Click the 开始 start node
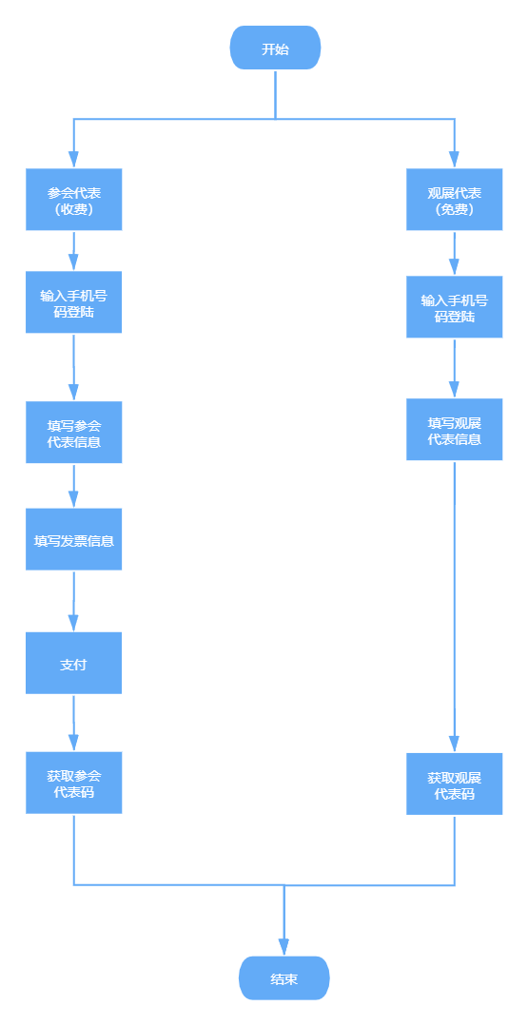pyautogui.click(x=275, y=48)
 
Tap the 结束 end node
pyautogui.click(x=284, y=977)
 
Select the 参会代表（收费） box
pyautogui.click(x=74, y=200)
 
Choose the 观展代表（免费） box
pyautogui.click(x=454, y=200)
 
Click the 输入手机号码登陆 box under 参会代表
pyautogui.click(x=74, y=302)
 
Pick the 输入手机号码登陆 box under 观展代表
pyautogui.click(x=454, y=306)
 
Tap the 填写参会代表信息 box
pyautogui.click(x=74, y=432)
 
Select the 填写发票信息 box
pyautogui.click(x=74, y=539)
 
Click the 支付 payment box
pyautogui.click(x=74, y=663)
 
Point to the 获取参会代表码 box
pyautogui.click(x=74, y=783)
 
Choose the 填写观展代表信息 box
pyautogui.click(x=454, y=430)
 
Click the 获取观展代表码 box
pyautogui.click(x=454, y=783)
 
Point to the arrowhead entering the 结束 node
pyautogui.click(x=284, y=947)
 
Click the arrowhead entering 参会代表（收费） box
pyautogui.click(x=74, y=160)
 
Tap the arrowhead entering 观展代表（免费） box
pyautogui.click(x=454, y=160)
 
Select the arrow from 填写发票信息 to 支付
pyautogui.click(x=74, y=601)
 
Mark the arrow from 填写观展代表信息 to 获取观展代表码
pyautogui.click(x=454, y=607)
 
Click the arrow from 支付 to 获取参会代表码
pyautogui.click(x=74, y=723)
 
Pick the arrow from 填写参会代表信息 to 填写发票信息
pyautogui.click(x=74, y=486)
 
